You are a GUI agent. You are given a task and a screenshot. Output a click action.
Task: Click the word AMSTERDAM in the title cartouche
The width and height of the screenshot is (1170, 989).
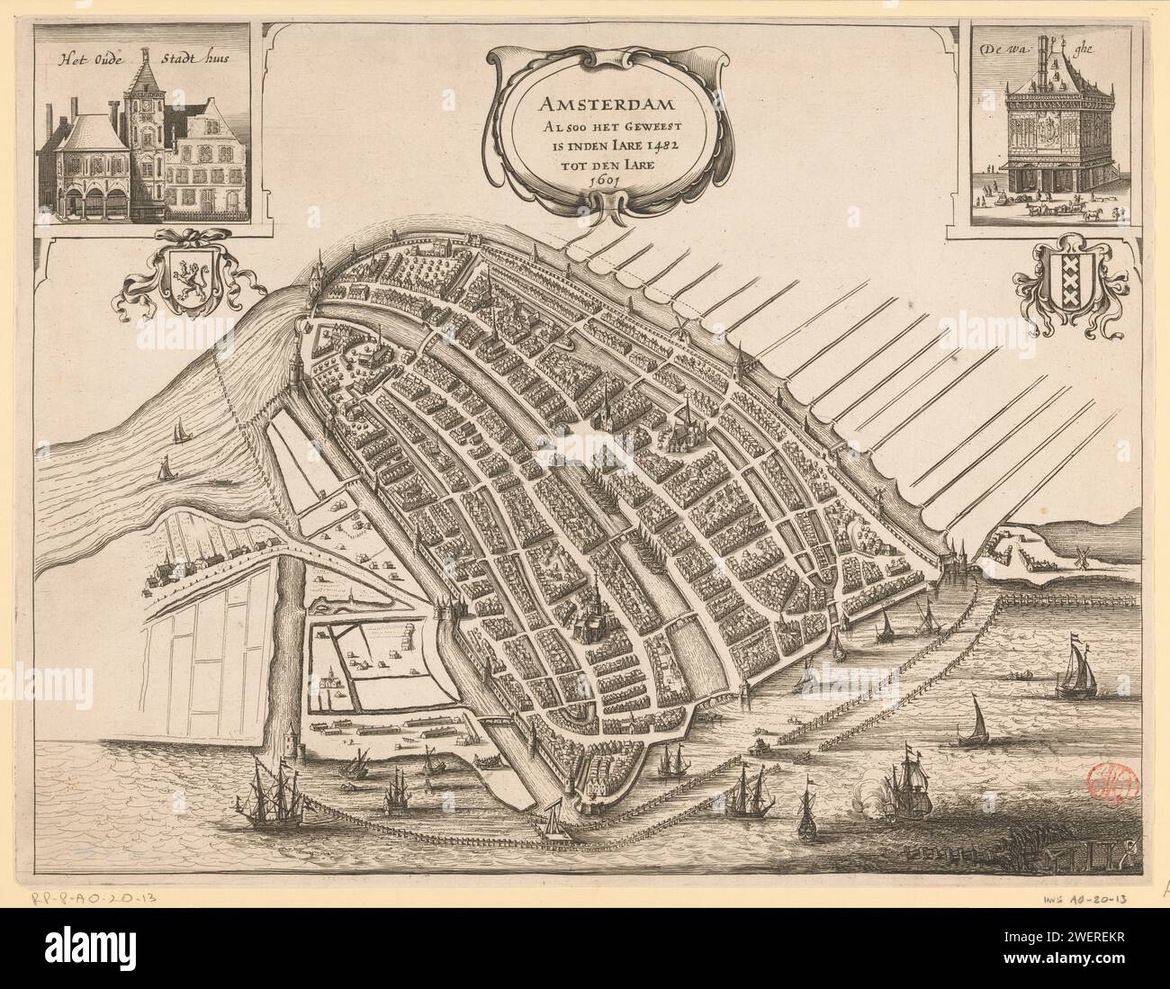pos(609,93)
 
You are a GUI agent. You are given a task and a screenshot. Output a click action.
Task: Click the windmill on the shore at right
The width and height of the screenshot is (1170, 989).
pos(1082,555)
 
